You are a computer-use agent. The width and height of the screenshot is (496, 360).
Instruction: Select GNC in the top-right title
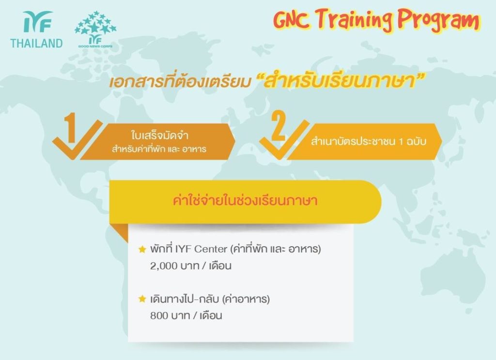click(291, 19)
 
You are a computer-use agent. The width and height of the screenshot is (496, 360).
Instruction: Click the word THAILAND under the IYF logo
click(36, 43)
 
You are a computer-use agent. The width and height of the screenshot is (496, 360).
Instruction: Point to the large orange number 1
click(70, 127)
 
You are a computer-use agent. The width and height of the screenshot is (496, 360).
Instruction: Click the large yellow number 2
click(279, 126)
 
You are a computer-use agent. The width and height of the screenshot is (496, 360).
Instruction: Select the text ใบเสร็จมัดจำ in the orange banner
click(159, 135)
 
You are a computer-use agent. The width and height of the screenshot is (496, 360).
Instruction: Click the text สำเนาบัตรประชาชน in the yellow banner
click(353, 141)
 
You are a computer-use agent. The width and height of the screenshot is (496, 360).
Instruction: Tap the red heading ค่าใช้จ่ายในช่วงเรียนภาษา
click(245, 201)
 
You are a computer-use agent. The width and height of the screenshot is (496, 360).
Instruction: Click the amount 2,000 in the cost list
click(164, 266)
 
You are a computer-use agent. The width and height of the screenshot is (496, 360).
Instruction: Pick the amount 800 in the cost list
click(159, 315)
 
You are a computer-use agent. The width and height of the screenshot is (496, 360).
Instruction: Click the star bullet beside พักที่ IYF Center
click(142, 250)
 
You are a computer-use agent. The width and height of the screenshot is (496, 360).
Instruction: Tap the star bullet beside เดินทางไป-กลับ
click(142, 298)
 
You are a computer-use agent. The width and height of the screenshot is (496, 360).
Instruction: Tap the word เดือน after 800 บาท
click(211, 315)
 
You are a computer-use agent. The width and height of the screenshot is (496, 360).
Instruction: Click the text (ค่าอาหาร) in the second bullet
click(246, 299)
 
